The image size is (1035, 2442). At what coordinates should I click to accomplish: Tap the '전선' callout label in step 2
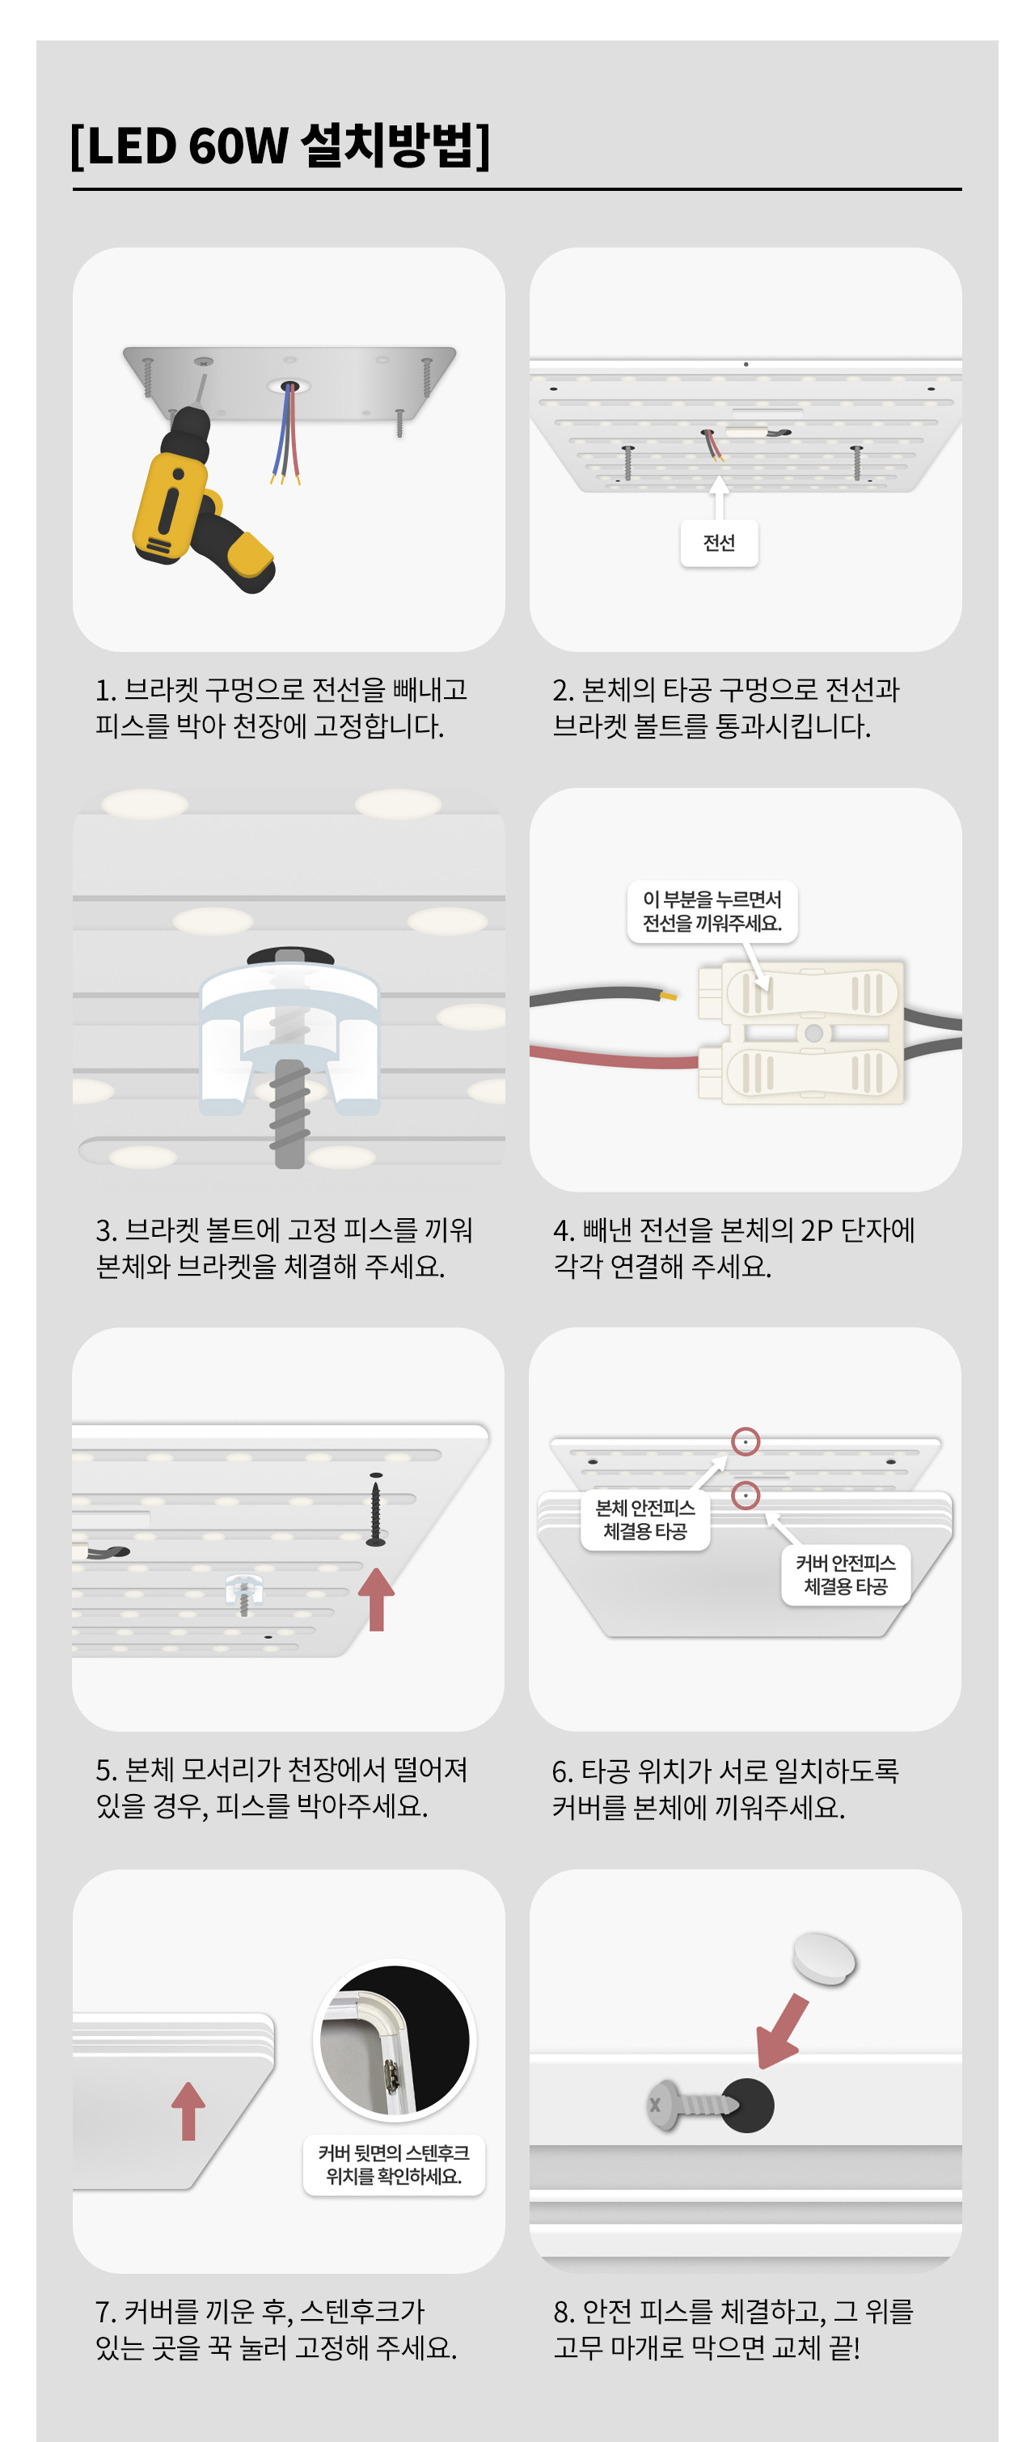(x=720, y=544)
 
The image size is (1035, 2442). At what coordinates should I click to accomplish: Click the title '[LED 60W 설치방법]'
(x=281, y=145)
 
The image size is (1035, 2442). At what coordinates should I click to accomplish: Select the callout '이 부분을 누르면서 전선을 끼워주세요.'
(x=712, y=911)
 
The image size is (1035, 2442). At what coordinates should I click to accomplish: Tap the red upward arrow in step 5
(x=376, y=1598)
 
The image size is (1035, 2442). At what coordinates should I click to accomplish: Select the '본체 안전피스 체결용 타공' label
(x=645, y=1520)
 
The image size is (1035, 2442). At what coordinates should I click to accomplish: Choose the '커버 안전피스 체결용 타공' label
(x=846, y=1575)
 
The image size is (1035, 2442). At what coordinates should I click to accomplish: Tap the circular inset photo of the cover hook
(x=395, y=2039)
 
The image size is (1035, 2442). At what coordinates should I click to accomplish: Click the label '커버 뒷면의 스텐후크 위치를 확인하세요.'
(x=395, y=2165)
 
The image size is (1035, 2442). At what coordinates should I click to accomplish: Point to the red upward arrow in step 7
(x=188, y=2110)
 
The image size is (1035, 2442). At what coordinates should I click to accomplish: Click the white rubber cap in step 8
(x=824, y=1958)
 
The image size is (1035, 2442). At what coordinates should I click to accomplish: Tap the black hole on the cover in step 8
(x=747, y=2106)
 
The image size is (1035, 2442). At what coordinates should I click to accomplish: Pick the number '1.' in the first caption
(x=106, y=690)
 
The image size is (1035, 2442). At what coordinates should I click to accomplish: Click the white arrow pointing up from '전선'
(x=720, y=497)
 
